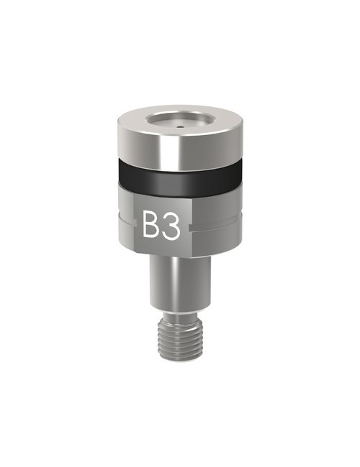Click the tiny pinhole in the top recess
click(179, 124)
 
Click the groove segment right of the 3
click(216, 227)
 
